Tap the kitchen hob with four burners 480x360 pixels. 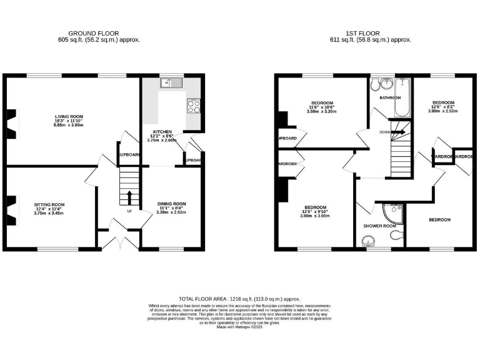[194, 106]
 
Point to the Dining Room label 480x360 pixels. [171, 204]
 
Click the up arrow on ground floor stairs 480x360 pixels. [129, 197]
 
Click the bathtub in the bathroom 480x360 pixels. [400, 99]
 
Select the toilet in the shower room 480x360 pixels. [395, 235]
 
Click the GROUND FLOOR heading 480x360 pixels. [94, 33]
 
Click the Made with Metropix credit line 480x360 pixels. [240, 327]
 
